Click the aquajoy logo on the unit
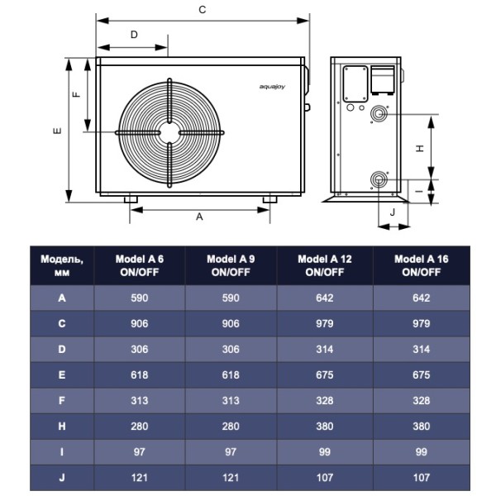(272, 87)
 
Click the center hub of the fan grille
(169, 133)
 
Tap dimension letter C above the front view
(203, 10)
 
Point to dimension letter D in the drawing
(134, 35)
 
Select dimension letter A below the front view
(199, 217)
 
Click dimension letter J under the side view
(393, 212)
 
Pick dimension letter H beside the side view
(420, 148)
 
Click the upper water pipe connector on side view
(379, 114)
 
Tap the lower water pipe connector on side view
(379, 179)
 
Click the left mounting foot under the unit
(131, 199)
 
